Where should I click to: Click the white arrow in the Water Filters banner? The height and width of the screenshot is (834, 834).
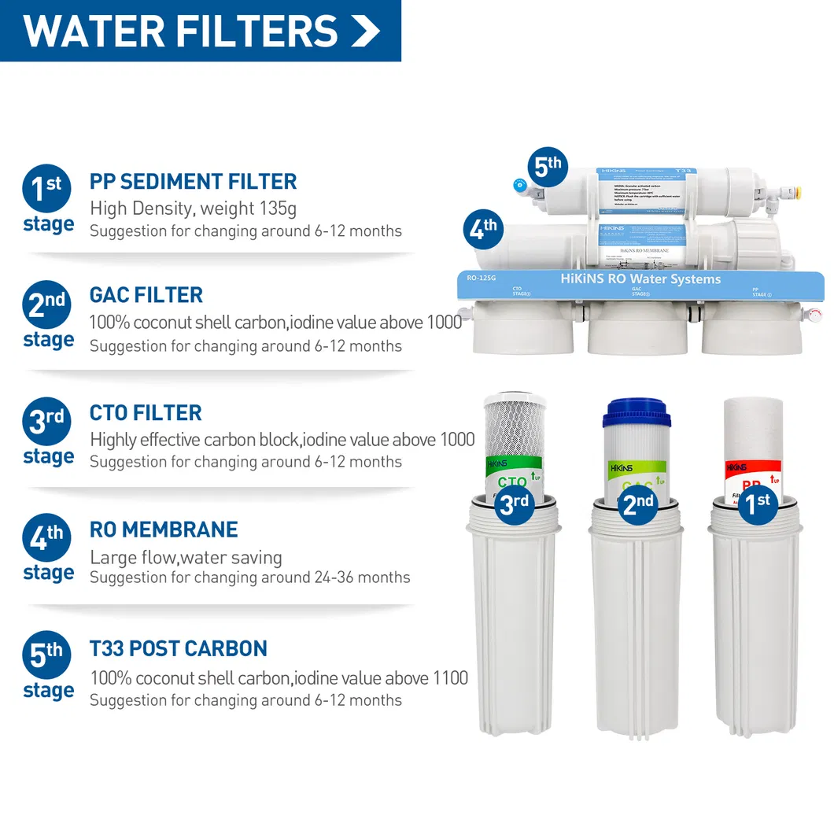click(365, 30)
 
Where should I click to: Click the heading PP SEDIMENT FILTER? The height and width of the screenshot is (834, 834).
click(193, 181)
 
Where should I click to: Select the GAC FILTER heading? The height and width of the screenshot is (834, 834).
click(146, 295)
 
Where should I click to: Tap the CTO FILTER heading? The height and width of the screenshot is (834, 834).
click(146, 412)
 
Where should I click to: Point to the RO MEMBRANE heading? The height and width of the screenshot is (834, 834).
click(164, 530)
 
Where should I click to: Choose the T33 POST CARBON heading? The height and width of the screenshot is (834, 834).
click(179, 648)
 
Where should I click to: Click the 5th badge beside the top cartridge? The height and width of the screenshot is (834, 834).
click(548, 168)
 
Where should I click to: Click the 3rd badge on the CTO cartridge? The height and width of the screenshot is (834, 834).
click(515, 504)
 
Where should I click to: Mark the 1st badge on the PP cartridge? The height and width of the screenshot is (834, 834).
click(758, 504)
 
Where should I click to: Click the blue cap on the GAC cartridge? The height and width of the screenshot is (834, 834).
click(637, 414)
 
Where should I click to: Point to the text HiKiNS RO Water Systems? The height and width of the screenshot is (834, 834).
click(640, 279)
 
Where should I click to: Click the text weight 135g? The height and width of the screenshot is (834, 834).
click(249, 208)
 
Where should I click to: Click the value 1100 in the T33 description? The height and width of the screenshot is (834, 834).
click(449, 677)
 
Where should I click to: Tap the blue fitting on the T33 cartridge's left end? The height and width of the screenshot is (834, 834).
click(519, 186)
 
